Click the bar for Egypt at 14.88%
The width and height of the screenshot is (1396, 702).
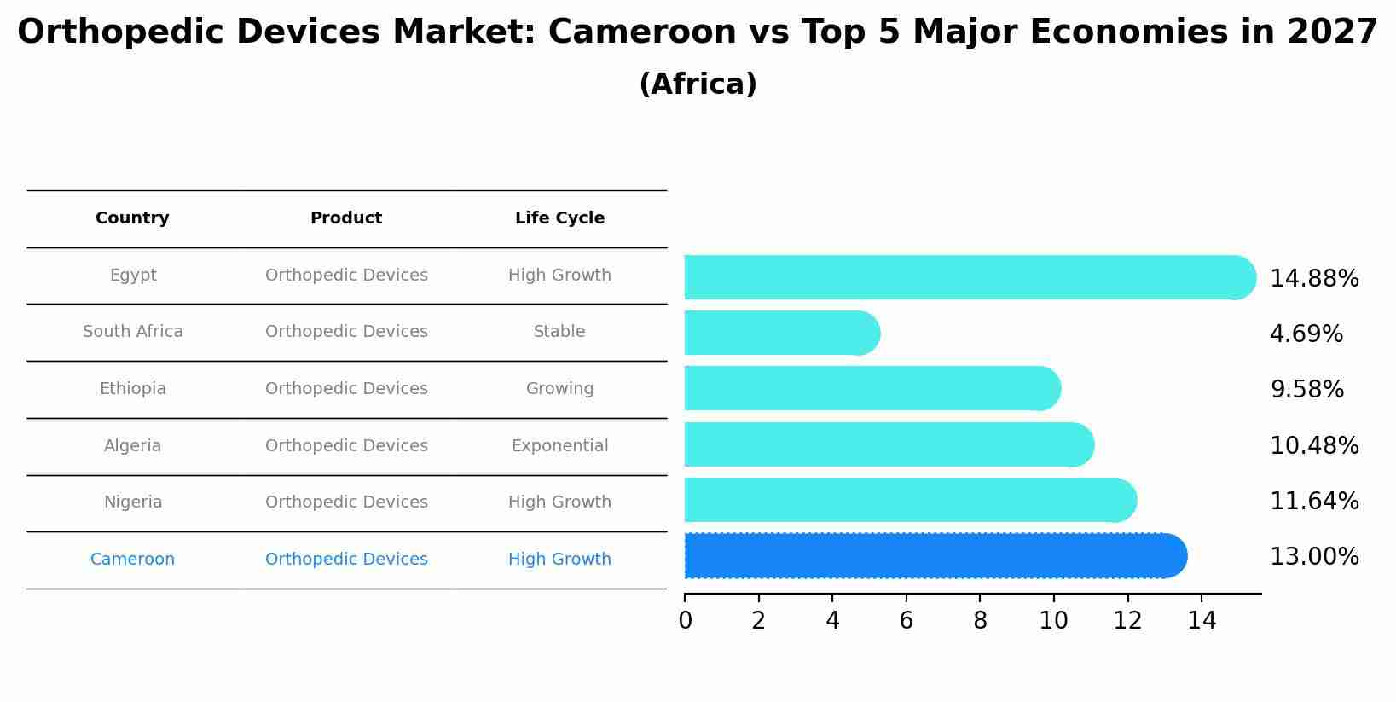point(968,277)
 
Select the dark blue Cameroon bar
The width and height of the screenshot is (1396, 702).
point(934,556)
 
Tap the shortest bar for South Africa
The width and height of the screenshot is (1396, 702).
point(780,333)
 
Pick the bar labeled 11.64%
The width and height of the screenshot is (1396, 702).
point(908,500)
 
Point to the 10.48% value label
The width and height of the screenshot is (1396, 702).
point(1313,445)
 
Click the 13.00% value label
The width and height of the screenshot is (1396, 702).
point(1313,557)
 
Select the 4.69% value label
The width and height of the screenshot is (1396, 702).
point(1306,334)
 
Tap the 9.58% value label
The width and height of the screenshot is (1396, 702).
point(1306,390)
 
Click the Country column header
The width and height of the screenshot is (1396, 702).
point(132,218)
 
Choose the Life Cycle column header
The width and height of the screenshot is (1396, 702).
point(559,218)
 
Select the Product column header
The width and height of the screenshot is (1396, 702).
point(345,218)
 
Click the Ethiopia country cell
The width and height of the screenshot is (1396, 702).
point(132,389)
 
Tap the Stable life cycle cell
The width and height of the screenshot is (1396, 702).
point(559,332)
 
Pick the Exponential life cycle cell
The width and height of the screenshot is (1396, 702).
point(559,445)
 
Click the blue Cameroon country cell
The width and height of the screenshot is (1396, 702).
point(132,560)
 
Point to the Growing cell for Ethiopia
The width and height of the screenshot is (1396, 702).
point(559,389)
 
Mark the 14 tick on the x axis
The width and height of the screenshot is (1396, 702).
point(1202,621)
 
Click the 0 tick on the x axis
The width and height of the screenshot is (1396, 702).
point(685,621)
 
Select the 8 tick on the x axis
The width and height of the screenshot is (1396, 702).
point(980,621)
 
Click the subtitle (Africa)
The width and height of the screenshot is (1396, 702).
point(698,84)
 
